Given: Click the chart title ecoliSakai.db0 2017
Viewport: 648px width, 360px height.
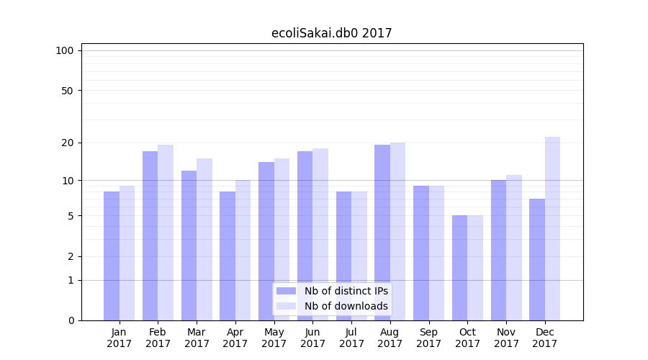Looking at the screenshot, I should (x=331, y=33).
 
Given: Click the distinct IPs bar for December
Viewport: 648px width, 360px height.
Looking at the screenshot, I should (x=537, y=259).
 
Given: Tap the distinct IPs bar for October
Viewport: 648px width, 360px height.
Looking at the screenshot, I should (x=459, y=268).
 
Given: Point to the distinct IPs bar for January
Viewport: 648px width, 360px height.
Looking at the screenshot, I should (x=112, y=256).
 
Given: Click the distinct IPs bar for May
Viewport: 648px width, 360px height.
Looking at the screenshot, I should (x=266, y=241).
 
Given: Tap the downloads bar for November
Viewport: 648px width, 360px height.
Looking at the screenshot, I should (x=514, y=248).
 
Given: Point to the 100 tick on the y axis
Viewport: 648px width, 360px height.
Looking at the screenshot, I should (x=65, y=50).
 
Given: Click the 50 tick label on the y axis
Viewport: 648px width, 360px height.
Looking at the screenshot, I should (x=67, y=91).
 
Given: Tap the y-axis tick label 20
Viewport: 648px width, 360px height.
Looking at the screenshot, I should (x=67, y=143).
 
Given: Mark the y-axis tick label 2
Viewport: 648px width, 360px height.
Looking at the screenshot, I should (x=70, y=256).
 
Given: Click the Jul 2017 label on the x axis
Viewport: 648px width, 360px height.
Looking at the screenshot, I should (x=351, y=338).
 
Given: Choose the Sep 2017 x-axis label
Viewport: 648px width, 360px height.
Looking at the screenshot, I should (x=428, y=338).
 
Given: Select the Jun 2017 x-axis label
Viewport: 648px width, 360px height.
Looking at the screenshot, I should (x=312, y=338).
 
